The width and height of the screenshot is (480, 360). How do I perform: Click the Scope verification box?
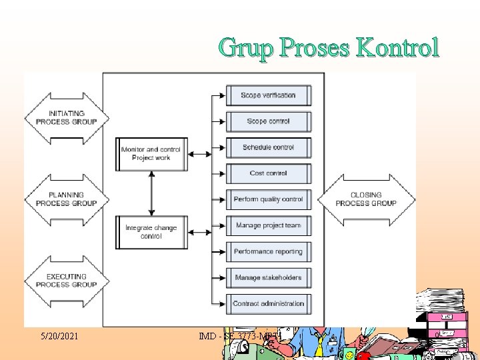point(269,95)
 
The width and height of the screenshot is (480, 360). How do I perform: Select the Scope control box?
point(269,121)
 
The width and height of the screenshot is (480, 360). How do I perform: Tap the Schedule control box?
point(269,147)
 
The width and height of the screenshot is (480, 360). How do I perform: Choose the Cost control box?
point(269,173)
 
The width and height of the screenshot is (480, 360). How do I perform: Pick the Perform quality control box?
point(269,199)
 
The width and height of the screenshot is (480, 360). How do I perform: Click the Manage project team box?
point(269,225)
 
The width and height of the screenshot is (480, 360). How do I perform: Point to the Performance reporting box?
point(269,251)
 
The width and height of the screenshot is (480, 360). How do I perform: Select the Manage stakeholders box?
point(269,277)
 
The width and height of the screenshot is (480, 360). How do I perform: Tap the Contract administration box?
point(269,303)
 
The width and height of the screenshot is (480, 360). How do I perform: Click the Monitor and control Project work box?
point(151,154)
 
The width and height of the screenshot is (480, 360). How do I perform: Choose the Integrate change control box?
point(151,232)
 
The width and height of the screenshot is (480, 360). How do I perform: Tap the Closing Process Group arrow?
point(366,199)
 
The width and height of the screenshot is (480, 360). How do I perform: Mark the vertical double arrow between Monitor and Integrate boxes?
point(152,193)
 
